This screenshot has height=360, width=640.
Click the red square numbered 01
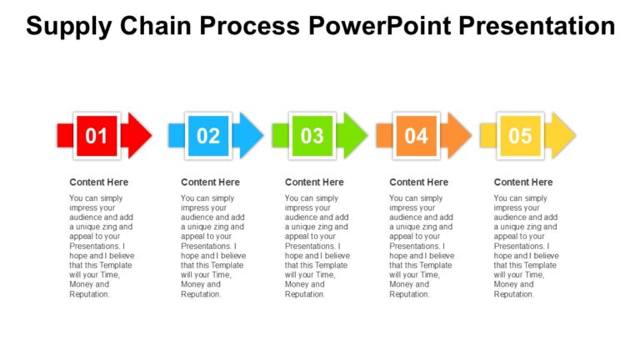(x=97, y=135)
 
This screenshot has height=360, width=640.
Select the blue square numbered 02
(x=208, y=135)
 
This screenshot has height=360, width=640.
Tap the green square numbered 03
(x=312, y=135)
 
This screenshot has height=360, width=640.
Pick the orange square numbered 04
(x=417, y=135)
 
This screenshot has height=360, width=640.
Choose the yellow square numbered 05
(x=520, y=135)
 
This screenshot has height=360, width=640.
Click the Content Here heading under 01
(x=99, y=182)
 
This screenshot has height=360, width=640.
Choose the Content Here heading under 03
(x=314, y=182)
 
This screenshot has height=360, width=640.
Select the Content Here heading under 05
(x=523, y=182)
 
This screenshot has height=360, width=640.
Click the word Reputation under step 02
(x=200, y=294)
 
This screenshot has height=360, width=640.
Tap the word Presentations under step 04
(x=416, y=246)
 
